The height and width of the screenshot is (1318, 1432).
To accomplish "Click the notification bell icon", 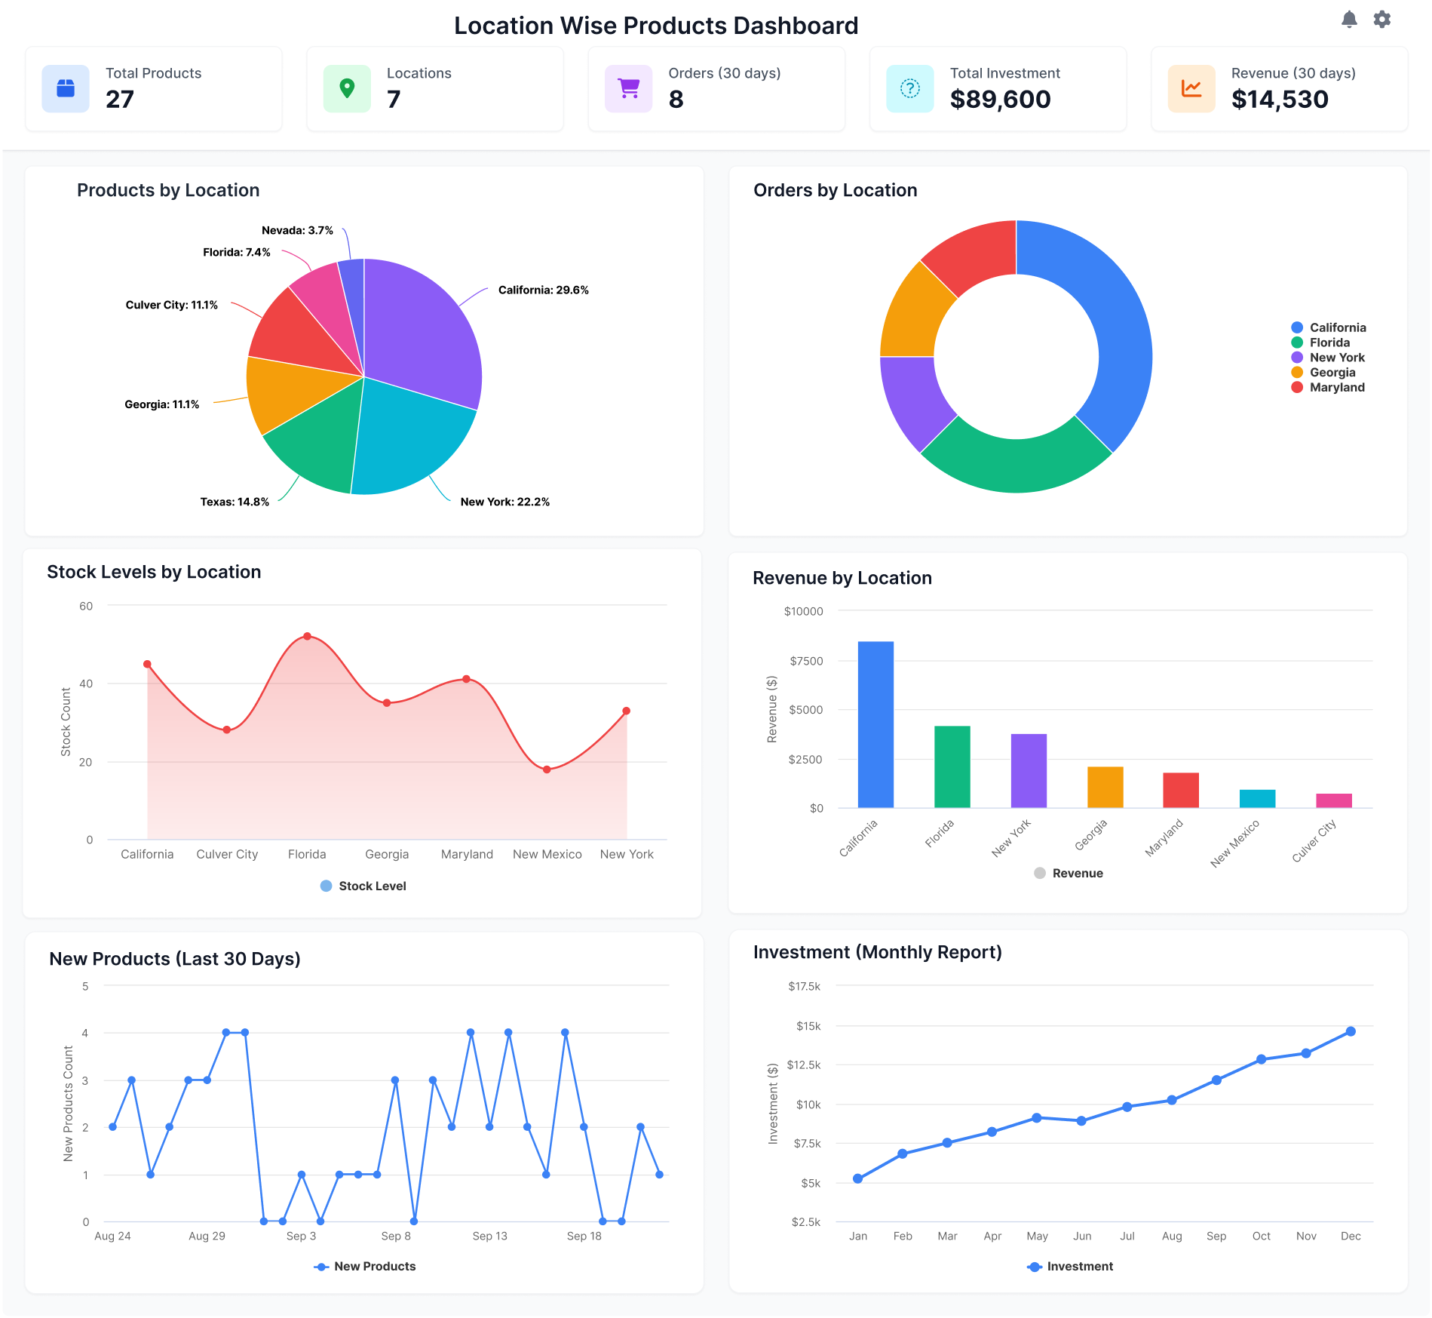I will [x=1349, y=20].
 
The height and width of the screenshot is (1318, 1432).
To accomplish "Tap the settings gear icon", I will [x=1381, y=20].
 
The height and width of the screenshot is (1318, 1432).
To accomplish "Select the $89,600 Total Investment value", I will [x=1000, y=100].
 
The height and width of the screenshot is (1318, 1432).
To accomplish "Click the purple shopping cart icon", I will [x=628, y=89].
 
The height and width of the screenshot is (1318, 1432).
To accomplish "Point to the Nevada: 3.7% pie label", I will [x=297, y=230].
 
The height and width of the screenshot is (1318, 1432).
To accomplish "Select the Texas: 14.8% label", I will [x=235, y=502].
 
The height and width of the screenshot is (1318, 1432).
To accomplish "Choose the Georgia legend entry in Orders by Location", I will [x=1332, y=373].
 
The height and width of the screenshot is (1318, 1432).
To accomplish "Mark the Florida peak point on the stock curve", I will [x=307, y=637].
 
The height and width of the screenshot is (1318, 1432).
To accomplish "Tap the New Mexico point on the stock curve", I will [x=547, y=770].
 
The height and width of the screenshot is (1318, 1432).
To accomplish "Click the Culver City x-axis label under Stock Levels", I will [x=227, y=854].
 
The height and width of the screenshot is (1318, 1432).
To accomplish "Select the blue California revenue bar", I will [x=875, y=724].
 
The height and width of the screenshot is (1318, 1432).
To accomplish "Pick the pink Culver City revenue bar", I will [x=1333, y=800].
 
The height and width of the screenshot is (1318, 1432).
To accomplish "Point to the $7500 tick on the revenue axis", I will [x=806, y=661].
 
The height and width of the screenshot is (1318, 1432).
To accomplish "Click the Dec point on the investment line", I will [x=1350, y=1031].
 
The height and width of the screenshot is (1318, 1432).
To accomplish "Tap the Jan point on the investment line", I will [x=857, y=1178].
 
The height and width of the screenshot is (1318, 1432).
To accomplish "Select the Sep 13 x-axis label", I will [x=489, y=1236].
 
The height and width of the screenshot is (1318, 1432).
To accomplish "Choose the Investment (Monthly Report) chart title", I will [x=877, y=952].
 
